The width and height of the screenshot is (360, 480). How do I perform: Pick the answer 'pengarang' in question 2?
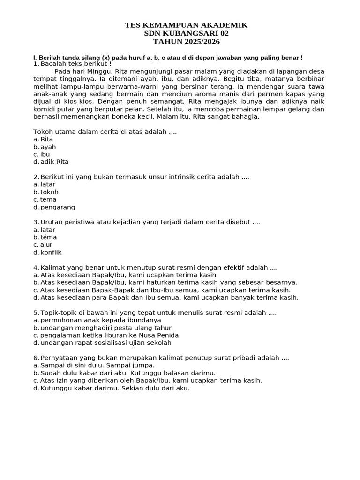(x=57, y=207)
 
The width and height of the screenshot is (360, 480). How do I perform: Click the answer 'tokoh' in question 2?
(x=49, y=192)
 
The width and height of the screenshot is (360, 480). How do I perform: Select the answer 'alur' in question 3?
(x=46, y=245)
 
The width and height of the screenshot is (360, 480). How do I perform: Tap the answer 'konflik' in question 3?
(x=51, y=252)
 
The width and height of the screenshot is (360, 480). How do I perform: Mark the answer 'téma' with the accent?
(x=48, y=237)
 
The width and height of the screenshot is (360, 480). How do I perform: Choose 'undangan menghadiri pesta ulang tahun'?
(x=106, y=328)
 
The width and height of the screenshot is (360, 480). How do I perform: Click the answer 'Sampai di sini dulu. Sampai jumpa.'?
(x=97, y=365)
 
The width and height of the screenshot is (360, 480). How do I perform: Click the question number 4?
(x=36, y=268)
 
